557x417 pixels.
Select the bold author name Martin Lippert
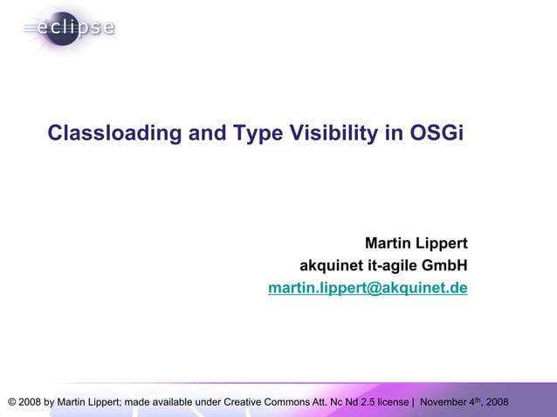[416, 243]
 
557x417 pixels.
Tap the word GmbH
[445, 265]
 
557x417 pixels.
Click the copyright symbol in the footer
[11, 402]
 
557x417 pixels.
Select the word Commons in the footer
[296, 402]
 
